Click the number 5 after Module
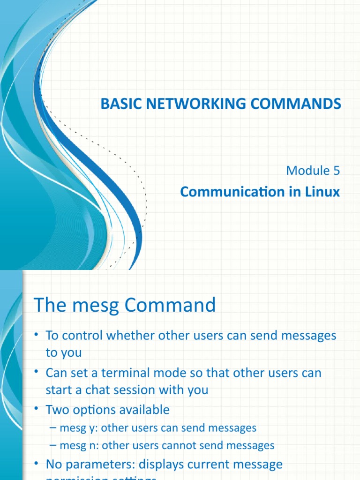pyautogui.click(x=336, y=171)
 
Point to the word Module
pyautogui.click(x=308, y=171)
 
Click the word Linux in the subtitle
pyautogui.click(x=322, y=192)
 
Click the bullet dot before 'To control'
pyautogui.click(x=36, y=336)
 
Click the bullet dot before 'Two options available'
pyautogui.click(x=36, y=410)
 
